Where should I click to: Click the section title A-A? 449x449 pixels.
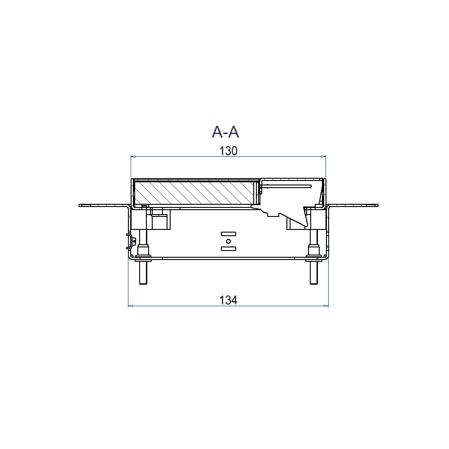(225, 132)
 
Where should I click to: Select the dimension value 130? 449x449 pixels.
(228, 151)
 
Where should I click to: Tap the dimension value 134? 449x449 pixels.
(228, 300)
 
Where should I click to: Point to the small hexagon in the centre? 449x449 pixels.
(228, 241)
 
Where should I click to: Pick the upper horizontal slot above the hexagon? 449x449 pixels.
(229, 234)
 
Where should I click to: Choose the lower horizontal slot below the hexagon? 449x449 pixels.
(229, 249)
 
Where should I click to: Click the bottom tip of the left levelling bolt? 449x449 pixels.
(143, 284)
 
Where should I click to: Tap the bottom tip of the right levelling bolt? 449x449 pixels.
(314, 284)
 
